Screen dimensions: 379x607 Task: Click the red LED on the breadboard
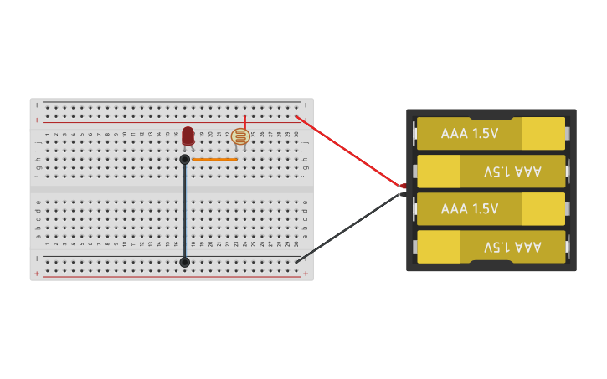[188, 135]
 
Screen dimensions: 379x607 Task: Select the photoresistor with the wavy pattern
[240, 136]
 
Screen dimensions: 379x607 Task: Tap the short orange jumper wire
[214, 159]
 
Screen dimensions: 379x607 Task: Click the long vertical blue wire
[185, 209]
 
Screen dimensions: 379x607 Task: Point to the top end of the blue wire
[185, 159]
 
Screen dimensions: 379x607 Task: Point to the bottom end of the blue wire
[185, 262]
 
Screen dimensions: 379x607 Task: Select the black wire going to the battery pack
[352, 226]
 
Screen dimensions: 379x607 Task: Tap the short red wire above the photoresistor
[245, 122]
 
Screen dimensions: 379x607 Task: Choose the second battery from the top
[491, 172]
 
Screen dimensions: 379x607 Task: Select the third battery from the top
[491, 209]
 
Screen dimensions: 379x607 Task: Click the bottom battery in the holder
[491, 247]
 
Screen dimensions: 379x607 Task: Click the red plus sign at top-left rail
[36, 120]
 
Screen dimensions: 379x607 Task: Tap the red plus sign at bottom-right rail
[306, 274]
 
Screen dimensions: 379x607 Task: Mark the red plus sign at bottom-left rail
[36, 274]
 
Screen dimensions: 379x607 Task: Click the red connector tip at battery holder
[403, 186]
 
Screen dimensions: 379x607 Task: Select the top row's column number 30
[296, 134]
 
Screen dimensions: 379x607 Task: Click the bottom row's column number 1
[47, 243]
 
